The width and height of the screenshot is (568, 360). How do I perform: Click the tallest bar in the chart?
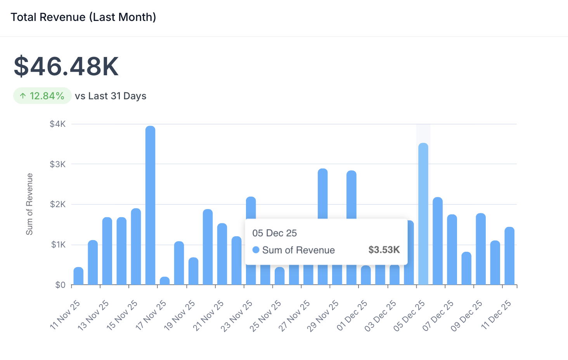pyautogui.click(x=151, y=206)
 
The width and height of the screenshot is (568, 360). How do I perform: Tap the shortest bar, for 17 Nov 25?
pyautogui.click(x=165, y=281)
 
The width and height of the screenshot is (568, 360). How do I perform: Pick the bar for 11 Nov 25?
pyautogui.click(x=78, y=276)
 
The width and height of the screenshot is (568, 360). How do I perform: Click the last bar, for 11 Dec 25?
pyautogui.click(x=509, y=256)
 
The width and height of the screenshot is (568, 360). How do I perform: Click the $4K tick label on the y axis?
pyautogui.click(x=58, y=124)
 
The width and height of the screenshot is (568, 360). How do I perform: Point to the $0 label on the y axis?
pyautogui.click(x=60, y=285)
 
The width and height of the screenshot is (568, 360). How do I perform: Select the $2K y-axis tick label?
pyautogui.click(x=58, y=204)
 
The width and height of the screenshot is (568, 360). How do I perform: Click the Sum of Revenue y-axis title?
pyautogui.click(x=29, y=204)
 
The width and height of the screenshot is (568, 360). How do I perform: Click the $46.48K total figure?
pyautogui.click(x=66, y=66)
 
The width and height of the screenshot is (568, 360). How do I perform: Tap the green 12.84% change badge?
pyautogui.click(x=42, y=96)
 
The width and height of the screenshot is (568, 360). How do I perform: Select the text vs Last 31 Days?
pyautogui.click(x=111, y=96)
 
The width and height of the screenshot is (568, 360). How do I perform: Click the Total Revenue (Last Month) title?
pyautogui.click(x=83, y=17)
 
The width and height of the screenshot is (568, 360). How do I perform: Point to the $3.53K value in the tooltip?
pyautogui.click(x=384, y=250)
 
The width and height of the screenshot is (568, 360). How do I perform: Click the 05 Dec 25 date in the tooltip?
pyautogui.click(x=274, y=233)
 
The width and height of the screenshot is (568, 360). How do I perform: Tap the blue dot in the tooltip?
pyautogui.click(x=256, y=250)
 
